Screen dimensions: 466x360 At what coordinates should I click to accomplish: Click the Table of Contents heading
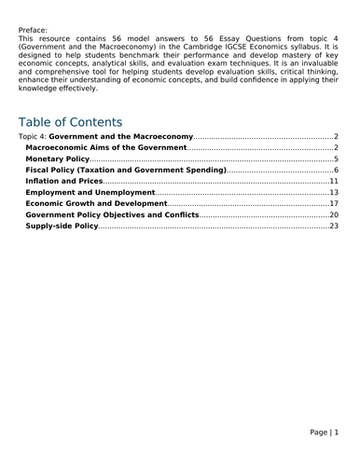coord(70,122)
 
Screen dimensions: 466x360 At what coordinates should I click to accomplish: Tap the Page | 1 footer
coord(325,432)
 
